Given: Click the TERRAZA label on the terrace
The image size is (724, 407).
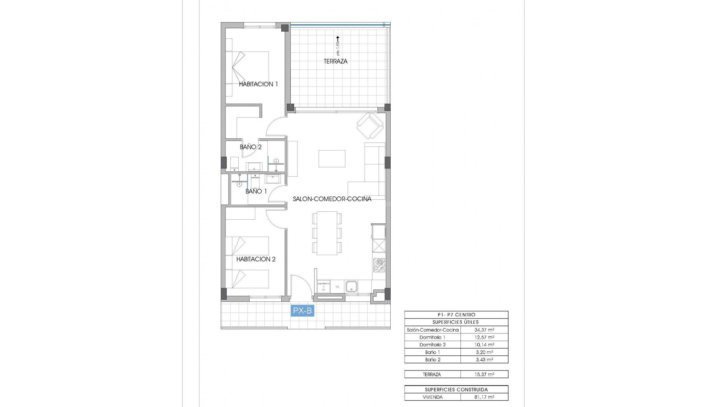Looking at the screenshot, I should coord(335,61).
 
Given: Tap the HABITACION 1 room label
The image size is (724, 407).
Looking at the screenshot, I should coord(258,84).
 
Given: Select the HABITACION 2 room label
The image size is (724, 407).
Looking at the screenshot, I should coord(256,259).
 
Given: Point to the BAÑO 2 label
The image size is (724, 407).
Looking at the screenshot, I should coord(251,147).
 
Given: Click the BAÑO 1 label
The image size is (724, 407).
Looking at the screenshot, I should coord(256,191).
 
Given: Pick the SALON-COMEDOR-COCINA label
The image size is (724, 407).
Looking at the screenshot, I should coord(332,199).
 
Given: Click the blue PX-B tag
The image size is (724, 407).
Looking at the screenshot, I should coord(302,311).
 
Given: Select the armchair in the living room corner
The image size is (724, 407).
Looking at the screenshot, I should coord(370,125).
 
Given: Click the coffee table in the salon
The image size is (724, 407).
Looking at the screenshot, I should coord(332,158).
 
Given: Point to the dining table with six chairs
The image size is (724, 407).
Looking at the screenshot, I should coord(327,233).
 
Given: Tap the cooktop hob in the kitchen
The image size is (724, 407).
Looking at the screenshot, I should coord(379,265).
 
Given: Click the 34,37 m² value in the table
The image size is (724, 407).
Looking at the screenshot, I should coord(484,330).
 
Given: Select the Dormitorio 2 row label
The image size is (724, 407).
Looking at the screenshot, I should coord(433,345).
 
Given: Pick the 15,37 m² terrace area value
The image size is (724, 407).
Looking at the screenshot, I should coord(484,374).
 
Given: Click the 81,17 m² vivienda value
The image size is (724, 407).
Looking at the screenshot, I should coord(484,397).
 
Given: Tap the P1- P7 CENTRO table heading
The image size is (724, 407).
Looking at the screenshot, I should coord(456,315).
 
